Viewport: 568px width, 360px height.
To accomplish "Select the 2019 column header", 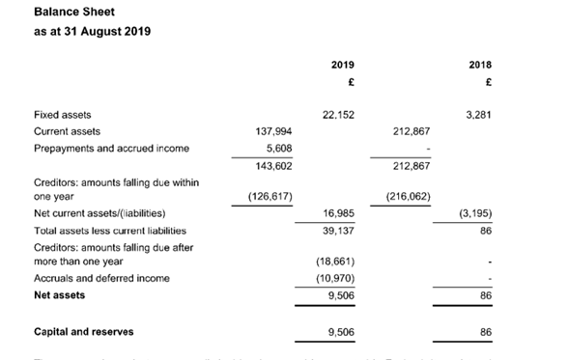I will (342, 64).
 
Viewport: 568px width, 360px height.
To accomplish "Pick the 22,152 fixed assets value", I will (337, 115).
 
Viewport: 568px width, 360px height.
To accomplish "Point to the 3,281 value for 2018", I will (478, 115).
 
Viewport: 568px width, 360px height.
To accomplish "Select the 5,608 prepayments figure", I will (279, 148).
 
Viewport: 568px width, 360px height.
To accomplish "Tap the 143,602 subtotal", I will (273, 166).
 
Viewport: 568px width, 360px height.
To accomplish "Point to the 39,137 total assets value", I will (338, 231).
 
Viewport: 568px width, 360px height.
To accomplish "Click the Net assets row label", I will (60, 295).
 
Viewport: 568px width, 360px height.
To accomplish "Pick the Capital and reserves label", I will (83, 332).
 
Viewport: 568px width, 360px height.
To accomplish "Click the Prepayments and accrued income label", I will (111, 148).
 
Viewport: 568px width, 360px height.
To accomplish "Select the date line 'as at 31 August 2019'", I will (92, 31).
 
